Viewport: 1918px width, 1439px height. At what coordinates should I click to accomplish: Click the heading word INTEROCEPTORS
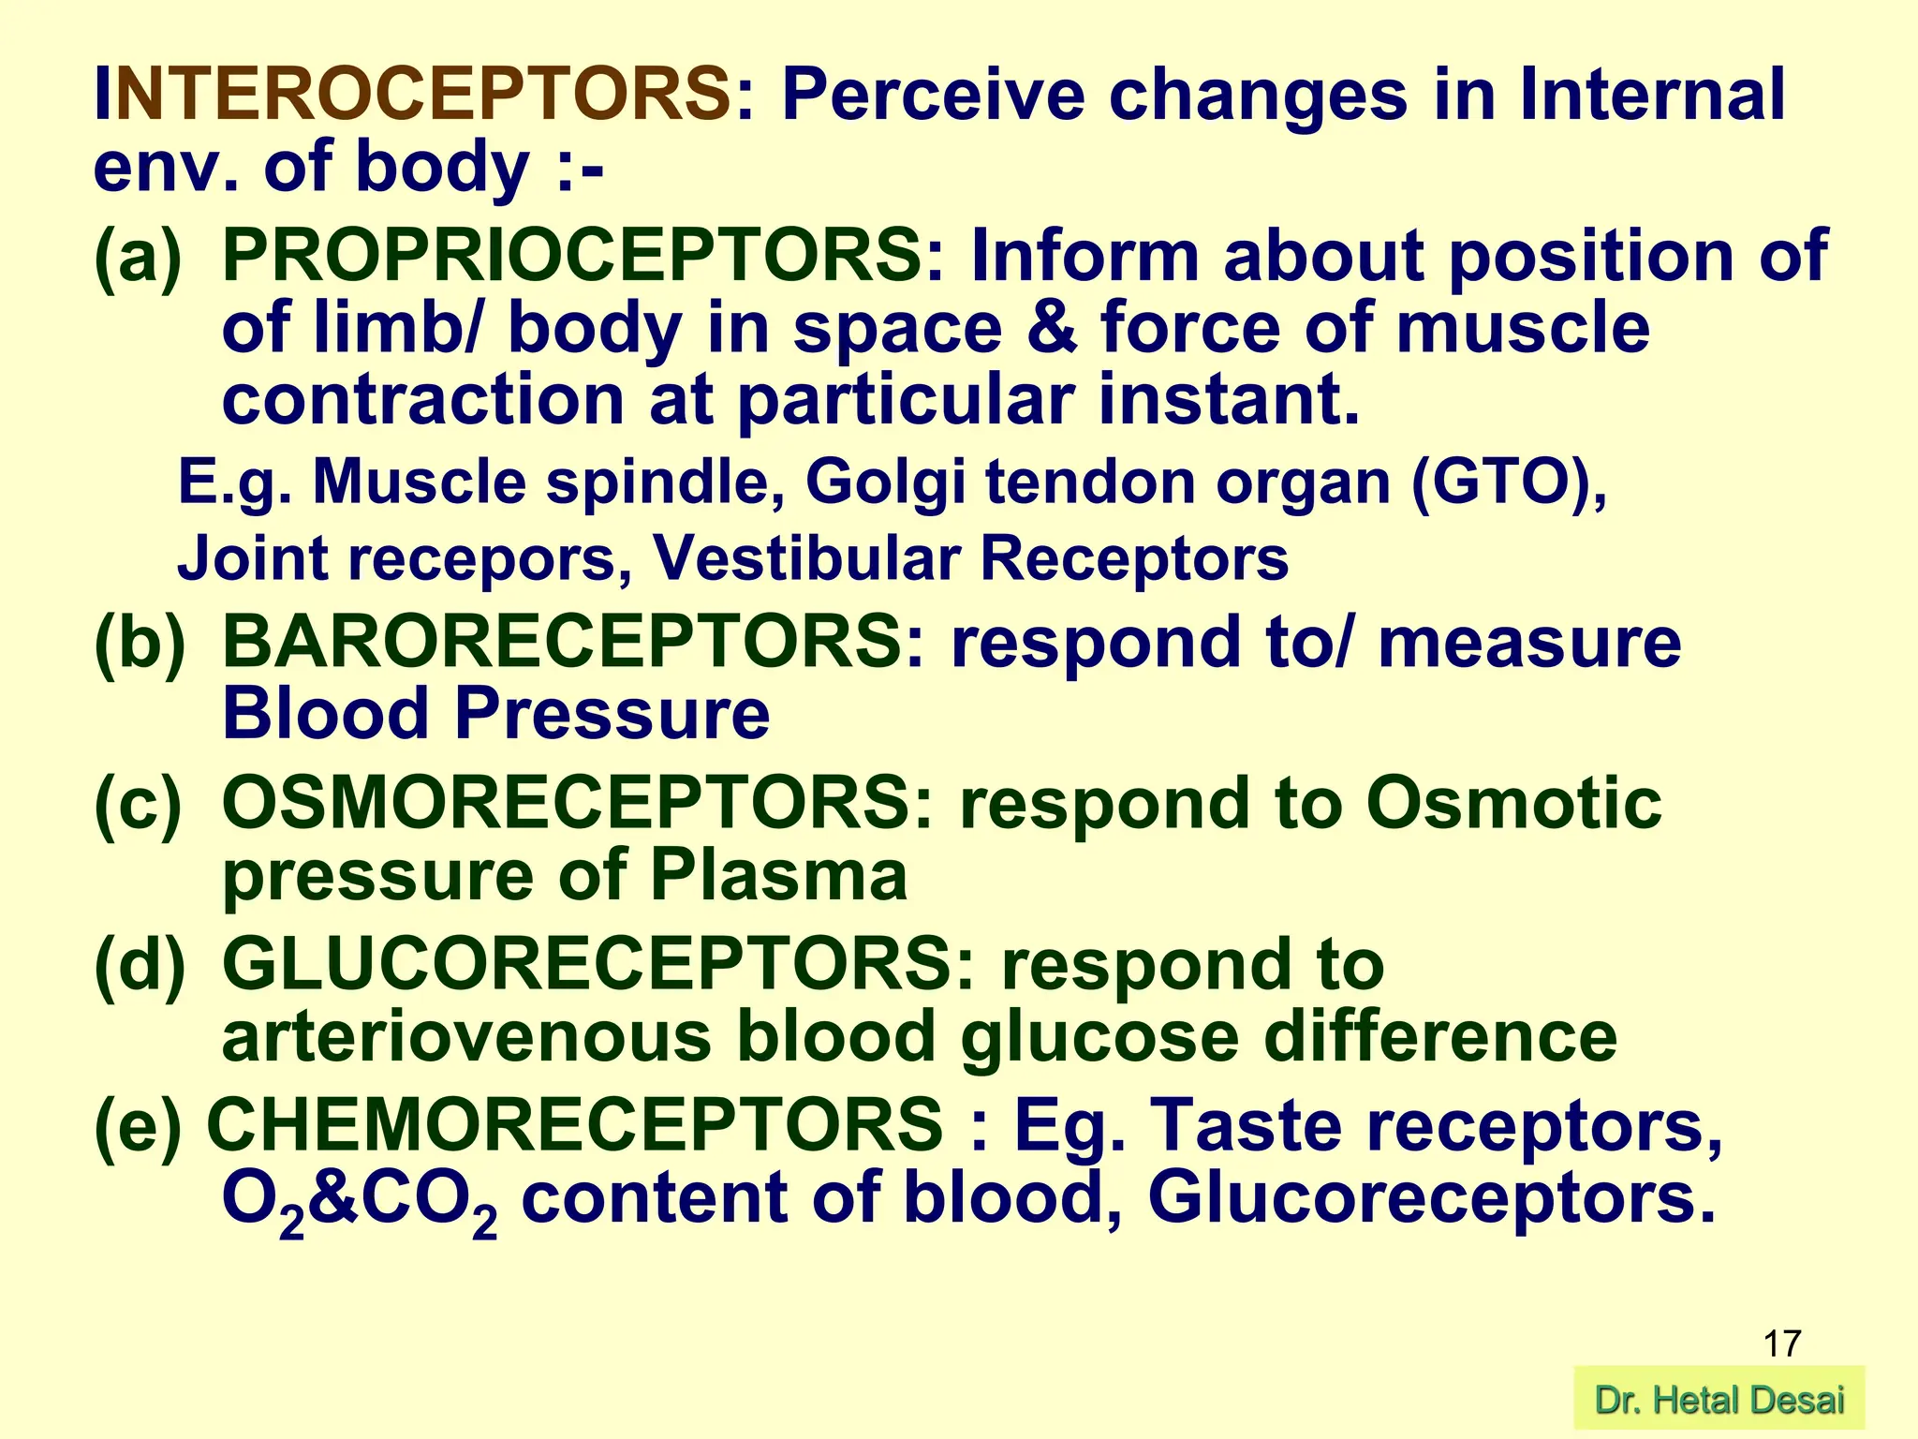412,96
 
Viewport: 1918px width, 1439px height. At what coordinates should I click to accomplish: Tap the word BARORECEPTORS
563,643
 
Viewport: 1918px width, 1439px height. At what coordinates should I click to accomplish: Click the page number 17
1781,1343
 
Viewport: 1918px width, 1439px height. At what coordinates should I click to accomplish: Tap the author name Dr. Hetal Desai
1719,1401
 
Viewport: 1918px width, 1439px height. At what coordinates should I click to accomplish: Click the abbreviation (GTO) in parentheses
1509,482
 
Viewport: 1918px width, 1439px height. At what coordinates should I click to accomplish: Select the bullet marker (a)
139,257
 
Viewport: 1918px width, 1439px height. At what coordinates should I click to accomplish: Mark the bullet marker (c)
139,805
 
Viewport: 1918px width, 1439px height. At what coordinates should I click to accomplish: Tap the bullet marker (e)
139,1125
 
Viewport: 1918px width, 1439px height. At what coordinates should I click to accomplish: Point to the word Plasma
778,876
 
